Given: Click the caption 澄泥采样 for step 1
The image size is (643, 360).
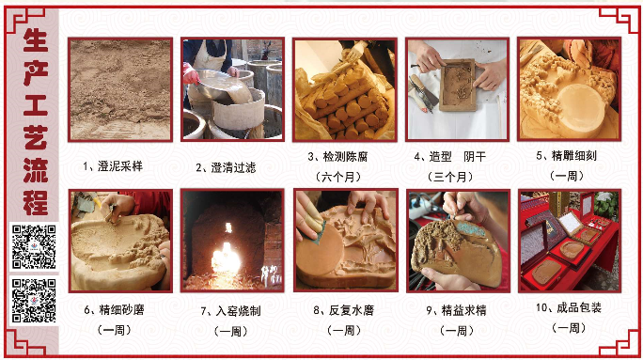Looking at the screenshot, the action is [x=119, y=166].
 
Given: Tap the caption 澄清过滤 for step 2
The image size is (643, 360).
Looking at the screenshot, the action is [x=233, y=167].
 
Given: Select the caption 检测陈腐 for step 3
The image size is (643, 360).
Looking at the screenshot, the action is [x=345, y=157].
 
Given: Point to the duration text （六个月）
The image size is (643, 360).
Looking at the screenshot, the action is [x=338, y=177].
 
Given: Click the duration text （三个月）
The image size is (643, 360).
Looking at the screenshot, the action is [x=450, y=177].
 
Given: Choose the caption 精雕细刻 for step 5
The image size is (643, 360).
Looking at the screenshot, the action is [x=574, y=156].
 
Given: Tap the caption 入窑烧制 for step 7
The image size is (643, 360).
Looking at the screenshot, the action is [x=238, y=311].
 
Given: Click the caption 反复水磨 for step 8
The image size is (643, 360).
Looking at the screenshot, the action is [x=351, y=310].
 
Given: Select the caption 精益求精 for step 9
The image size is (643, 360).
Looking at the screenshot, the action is [x=463, y=310].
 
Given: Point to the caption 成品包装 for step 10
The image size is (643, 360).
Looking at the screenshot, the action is [x=579, y=307].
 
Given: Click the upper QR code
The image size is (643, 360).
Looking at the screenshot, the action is [x=34, y=247].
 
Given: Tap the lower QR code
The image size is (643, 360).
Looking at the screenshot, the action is [x=34, y=301].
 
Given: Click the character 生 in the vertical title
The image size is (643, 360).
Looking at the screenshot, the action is [x=36, y=40].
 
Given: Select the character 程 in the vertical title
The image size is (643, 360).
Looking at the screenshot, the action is [x=36, y=202].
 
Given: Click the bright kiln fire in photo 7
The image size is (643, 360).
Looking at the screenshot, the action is [x=226, y=258].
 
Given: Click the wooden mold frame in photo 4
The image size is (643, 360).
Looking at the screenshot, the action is [x=458, y=85].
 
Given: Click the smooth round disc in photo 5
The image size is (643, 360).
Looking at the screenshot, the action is [x=581, y=107].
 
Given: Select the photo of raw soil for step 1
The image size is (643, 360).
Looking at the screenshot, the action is [x=120, y=90].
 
